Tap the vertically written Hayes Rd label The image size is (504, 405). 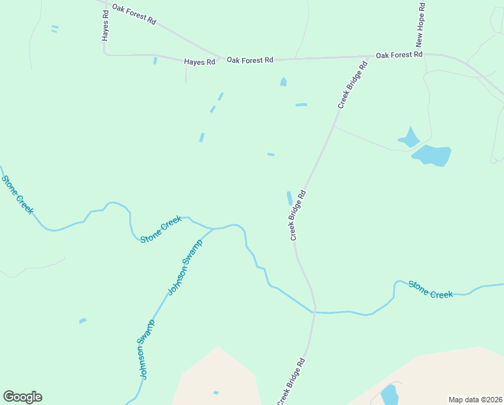pos(106,25)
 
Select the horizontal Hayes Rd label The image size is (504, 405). pos(199,62)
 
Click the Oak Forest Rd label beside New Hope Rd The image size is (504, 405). pos(399,55)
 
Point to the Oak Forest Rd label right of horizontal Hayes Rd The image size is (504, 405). pos(250,60)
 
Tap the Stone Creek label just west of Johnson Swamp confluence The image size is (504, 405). pos(161,230)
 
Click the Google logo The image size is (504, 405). pos(22,397)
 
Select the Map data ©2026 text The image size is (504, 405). pos(476,400)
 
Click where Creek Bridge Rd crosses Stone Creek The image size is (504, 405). pos(314,312)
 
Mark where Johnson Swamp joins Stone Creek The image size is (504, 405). pos(214,229)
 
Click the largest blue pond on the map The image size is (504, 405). pos(431,156)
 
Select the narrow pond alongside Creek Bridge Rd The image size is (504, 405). pos(290,198)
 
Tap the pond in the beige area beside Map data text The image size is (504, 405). pos(389,395)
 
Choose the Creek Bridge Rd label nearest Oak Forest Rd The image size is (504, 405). pos(352,85)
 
